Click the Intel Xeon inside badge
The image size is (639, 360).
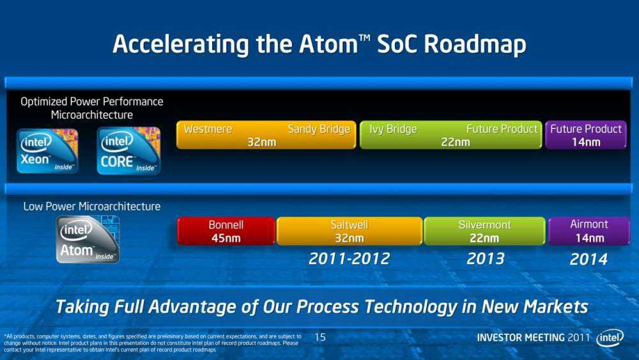(48, 152)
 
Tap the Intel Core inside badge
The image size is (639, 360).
(128, 152)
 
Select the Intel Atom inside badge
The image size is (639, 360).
(88, 239)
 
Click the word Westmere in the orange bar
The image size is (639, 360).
(208, 129)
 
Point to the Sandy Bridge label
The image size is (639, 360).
(318, 129)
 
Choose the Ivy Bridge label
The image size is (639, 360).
(393, 129)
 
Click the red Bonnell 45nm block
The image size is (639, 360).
(226, 231)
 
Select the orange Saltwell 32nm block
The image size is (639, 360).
(349, 231)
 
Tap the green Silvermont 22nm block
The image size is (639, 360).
(484, 231)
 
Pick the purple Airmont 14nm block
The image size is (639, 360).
(589, 231)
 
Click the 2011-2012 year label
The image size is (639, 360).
(349, 259)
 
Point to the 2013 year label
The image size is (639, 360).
(486, 259)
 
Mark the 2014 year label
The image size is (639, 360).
(589, 260)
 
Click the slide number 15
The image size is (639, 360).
(321, 337)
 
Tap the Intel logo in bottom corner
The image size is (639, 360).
(610, 338)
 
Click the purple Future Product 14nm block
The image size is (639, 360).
(585, 136)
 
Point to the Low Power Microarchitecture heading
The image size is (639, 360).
(92, 207)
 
